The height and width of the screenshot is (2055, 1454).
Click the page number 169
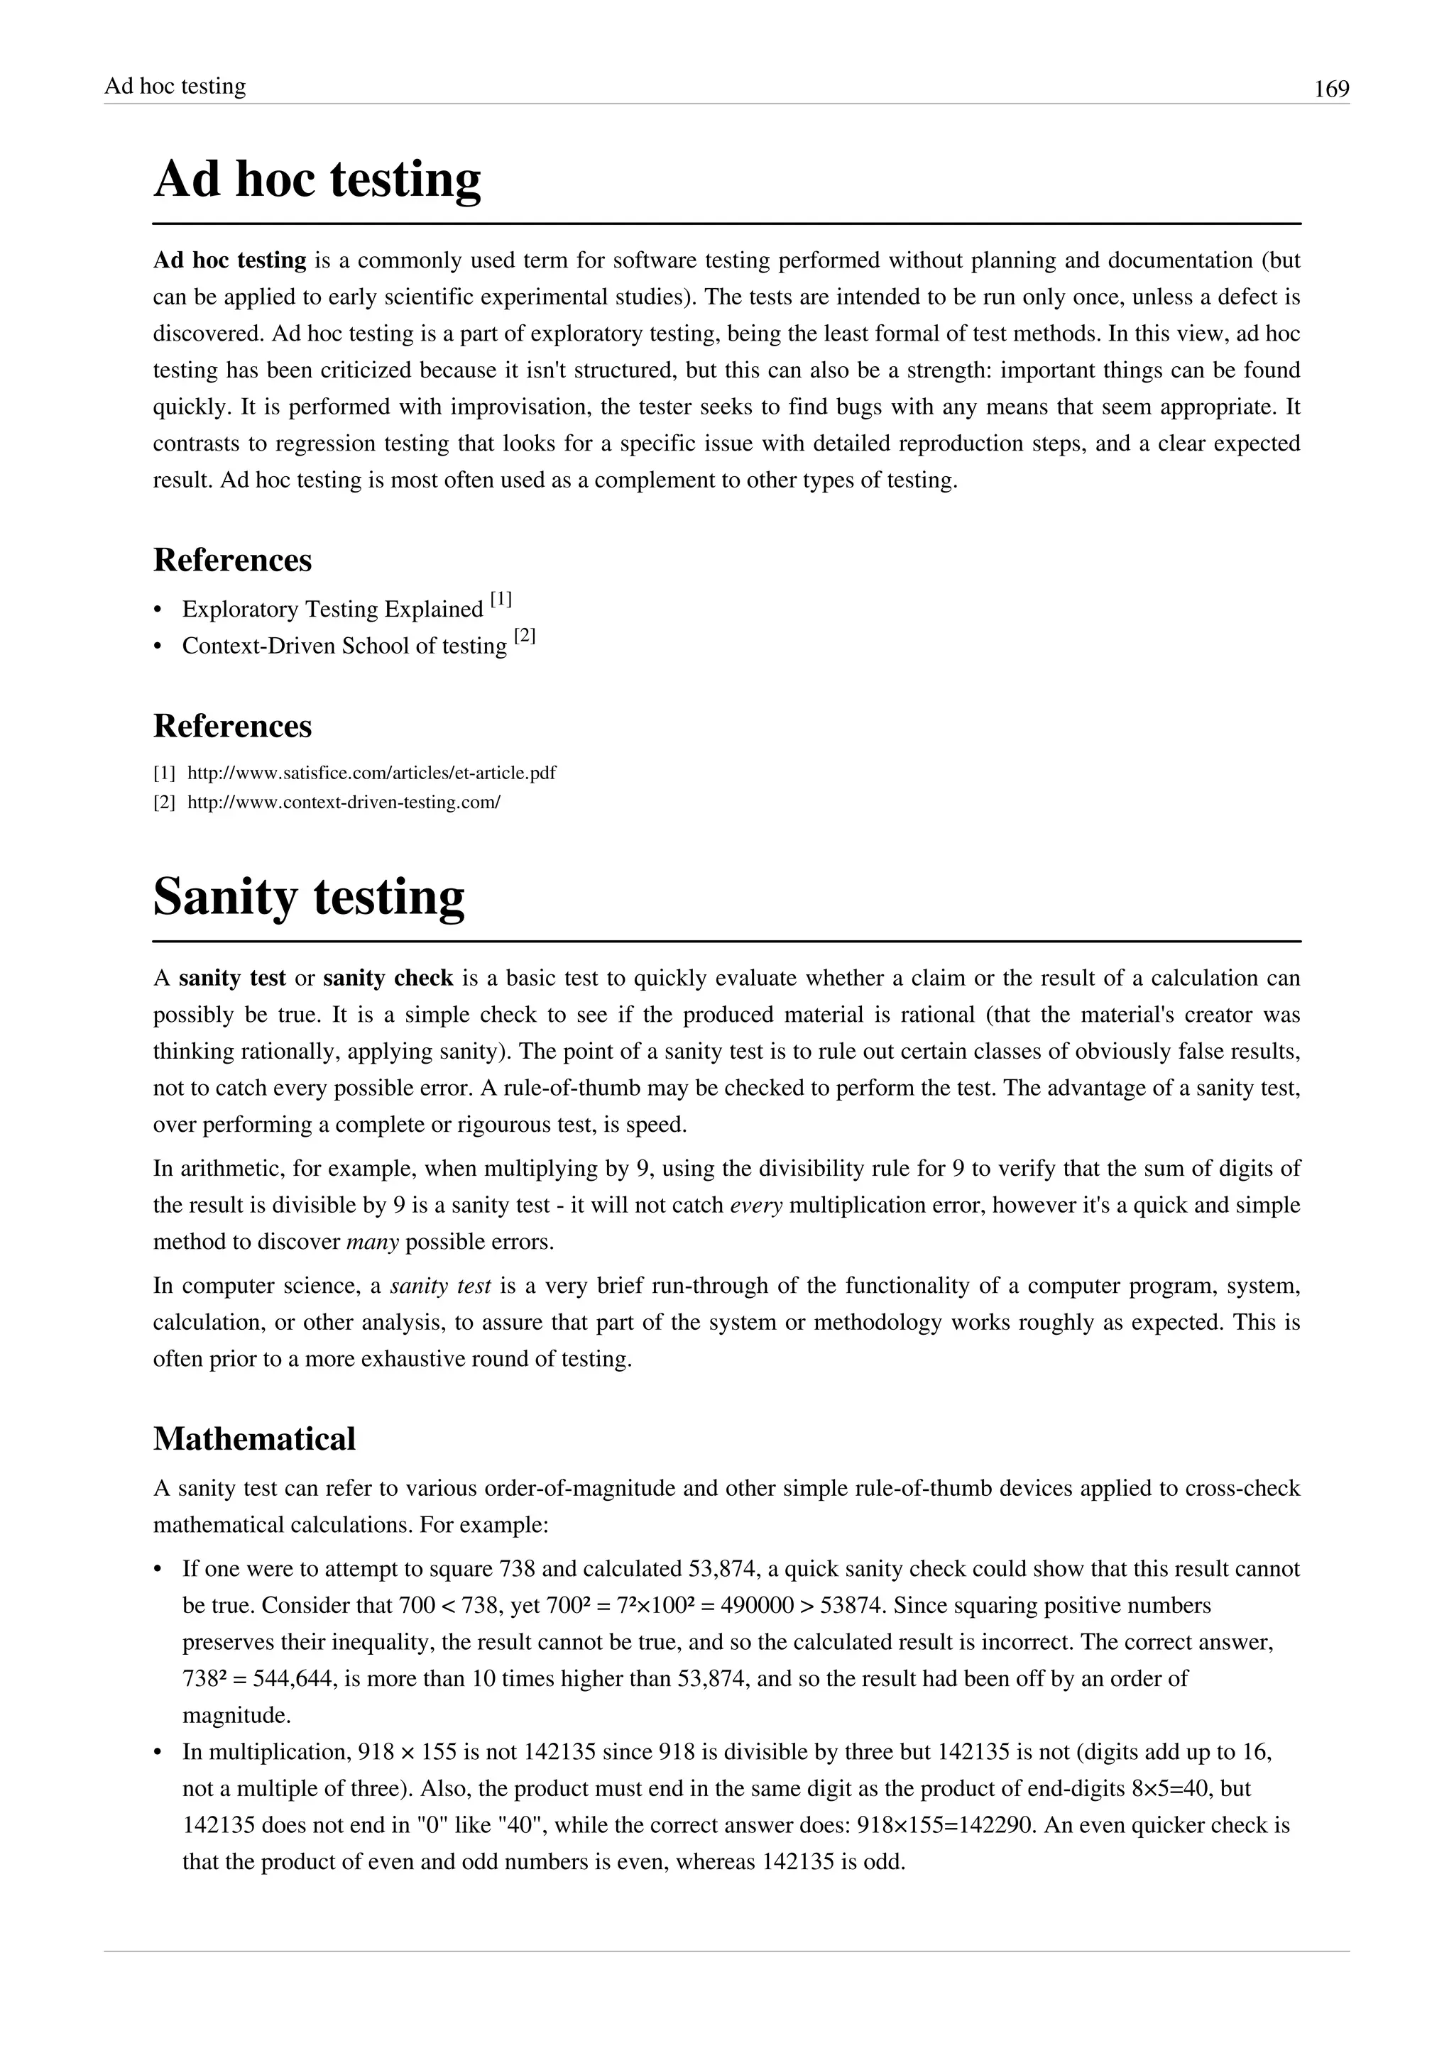point(1330,89)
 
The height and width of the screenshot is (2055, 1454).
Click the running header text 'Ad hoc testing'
point(175,86)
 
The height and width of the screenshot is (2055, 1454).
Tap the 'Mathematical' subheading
point(254,1439)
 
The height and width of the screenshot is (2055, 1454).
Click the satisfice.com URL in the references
point(371,773)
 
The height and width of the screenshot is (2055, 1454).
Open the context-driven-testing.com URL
point(343,802)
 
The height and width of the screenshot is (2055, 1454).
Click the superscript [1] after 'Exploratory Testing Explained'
point(501,600)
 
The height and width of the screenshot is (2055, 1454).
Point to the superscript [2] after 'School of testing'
point(525,637)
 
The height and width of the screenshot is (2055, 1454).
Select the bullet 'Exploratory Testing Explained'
point(332,610)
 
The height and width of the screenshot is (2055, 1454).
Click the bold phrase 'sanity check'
point(388,979)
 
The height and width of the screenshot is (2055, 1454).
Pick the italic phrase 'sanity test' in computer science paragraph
point(440,1287)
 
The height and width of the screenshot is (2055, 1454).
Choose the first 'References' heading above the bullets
point(232,561)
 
